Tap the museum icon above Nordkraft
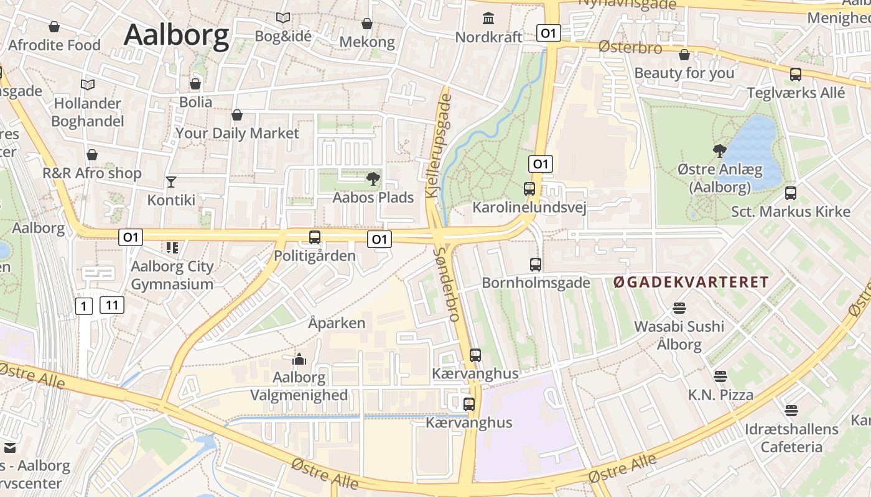[488, 18]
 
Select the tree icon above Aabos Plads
[373, 180]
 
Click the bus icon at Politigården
[315, 237]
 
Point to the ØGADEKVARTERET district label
[691, 283]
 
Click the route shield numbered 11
[112, 305]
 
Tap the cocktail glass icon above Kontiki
[171, 181]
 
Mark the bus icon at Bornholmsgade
[536, 265]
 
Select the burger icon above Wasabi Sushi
[679, 308]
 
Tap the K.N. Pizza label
[720, 395]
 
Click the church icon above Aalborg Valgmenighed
[299, 359]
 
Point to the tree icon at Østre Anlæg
[720, 150]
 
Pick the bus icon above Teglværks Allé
[796, 75]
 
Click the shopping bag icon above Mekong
[367, 24]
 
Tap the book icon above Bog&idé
[283, 18]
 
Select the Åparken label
[337, 323]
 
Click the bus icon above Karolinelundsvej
[529, 188]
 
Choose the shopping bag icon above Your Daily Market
[237, 115]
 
